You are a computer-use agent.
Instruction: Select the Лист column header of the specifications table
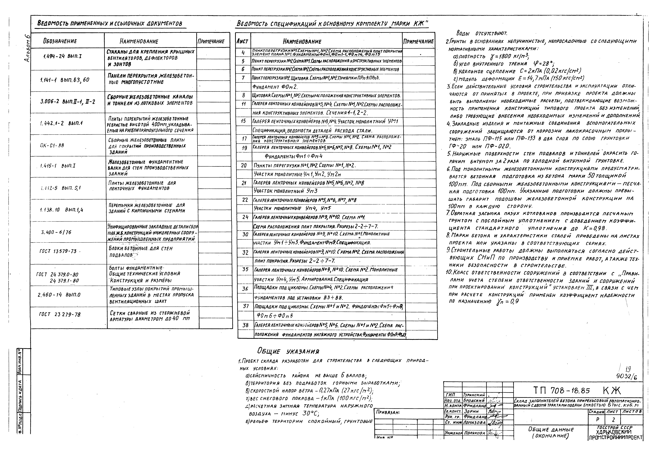[x=242, y=42]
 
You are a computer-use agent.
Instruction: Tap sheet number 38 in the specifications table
[x=245, y=325]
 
